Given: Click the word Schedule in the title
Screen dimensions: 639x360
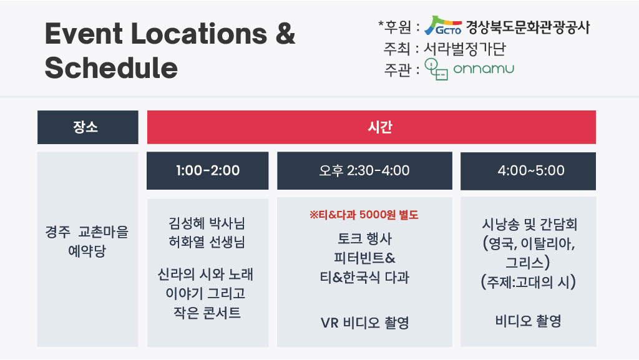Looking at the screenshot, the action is [x=111, y=67].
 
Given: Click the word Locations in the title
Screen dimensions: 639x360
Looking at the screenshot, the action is [x=199, y=33].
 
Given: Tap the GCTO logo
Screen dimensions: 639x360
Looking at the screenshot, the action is [x=443, y=26].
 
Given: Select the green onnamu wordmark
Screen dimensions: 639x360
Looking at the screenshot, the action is [x=484, y=69].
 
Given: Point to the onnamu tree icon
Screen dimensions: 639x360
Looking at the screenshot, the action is [x=436, y=69].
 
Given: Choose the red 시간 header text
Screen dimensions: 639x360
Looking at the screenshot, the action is [x=380, y=127].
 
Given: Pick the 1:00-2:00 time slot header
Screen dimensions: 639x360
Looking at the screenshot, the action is [x=207, y=170].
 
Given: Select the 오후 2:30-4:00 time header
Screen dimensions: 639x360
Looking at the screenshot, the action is [x=364, y=170].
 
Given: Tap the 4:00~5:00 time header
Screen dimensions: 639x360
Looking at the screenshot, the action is [x=528, y=170].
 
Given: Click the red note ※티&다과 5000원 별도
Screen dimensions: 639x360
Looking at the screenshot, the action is [x=364, y=215].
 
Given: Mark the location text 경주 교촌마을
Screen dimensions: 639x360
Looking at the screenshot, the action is [x=87, y=231].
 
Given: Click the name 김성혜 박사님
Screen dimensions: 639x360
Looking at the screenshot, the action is [x=207, y=223].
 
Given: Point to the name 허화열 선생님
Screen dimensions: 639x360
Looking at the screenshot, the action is [x=207, y=242].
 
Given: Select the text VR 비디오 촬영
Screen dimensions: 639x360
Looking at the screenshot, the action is [x=364, y=323].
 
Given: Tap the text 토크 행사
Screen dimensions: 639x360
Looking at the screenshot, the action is [x=364, y=238].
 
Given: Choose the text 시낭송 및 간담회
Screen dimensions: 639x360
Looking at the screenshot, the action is [x=529, y=225].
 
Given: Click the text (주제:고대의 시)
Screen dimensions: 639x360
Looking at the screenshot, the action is [x=529, y=282].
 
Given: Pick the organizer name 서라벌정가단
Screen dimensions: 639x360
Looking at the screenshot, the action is [x=465, y=49].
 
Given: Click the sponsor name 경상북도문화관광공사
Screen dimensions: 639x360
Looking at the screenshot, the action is [x=528, y=27].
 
